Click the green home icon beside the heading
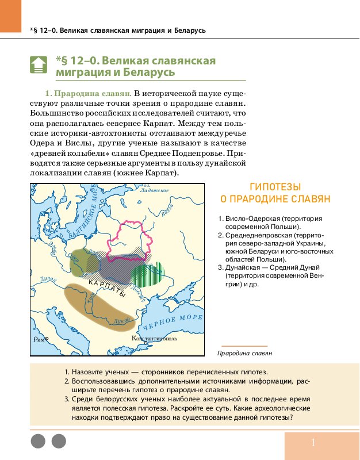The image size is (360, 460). (38, 64)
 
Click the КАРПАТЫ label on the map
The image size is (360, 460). (107, 287)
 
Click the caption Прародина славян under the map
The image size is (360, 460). (244, 353)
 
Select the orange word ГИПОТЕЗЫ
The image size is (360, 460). (276, 187)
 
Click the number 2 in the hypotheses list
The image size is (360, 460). (221, 236)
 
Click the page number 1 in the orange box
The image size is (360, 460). (313, 442)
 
